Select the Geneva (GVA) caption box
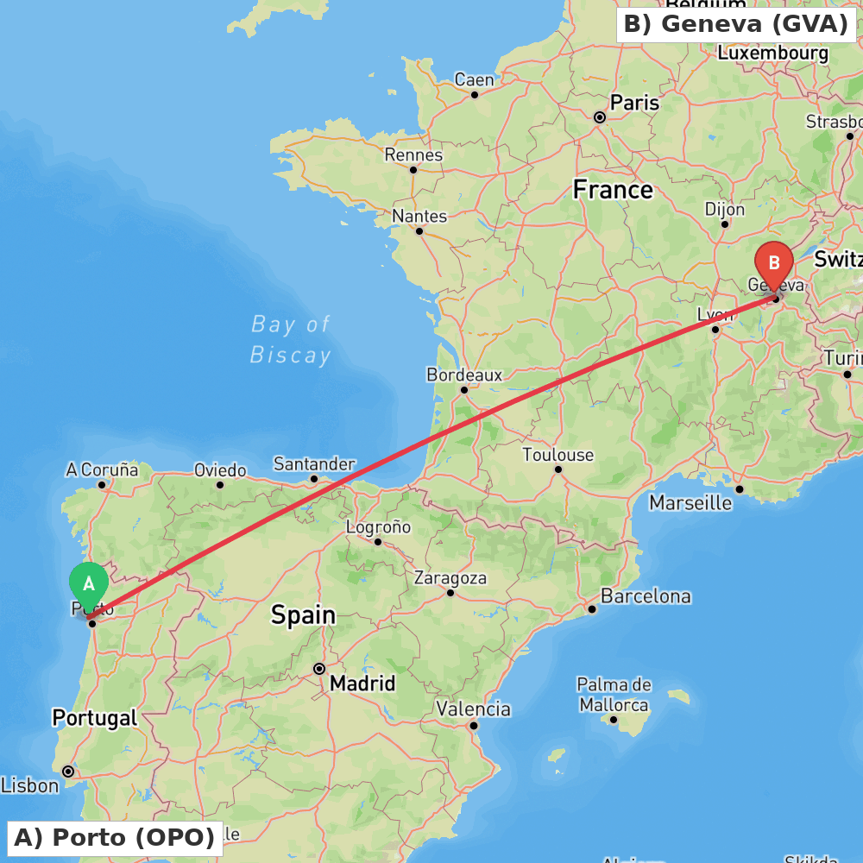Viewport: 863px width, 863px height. pos(736,24)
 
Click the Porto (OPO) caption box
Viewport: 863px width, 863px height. pos(115,837)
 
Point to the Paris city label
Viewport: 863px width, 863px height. pos(634,103)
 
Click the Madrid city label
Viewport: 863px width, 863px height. pos(362,683)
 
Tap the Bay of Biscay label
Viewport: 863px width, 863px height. pos(291,339)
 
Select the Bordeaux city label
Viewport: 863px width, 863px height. pos(464,375)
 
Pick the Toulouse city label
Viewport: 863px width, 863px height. pos(558,455)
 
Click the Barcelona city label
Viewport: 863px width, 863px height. pos(646,596)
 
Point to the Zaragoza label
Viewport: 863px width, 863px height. pos(450,578)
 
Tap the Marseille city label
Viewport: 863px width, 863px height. pos(690,502)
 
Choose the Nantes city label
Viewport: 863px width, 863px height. pos(419,216)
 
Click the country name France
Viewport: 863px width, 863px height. pos(613,190)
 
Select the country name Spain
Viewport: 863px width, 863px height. pos(303,615)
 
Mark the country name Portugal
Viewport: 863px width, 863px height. pos(95,717)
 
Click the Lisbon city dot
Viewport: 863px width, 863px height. pos(68,771)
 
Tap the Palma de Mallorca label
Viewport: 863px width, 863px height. pos(614,695)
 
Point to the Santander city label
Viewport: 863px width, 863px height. pos(314,464)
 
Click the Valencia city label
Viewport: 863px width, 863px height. pos(474,709)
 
